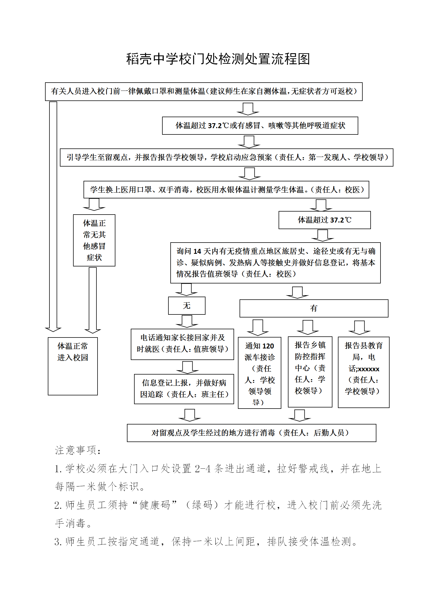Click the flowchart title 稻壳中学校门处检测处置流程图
pyautogui.click(x=218, y=59)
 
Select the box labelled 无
pyautogui.click(x=187, y=305)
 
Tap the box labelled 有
pyautogui.click(x=314, y=308)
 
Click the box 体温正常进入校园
pyautogui.click(x=73, y=366)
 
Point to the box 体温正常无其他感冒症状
pyautogui.click(x=94, y=240)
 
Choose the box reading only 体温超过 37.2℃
pyautogui.click(x=324, y=220)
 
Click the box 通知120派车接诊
pyautogui.click(x=259, y=373)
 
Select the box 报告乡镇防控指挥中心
pyautogui.click(x=310, y=372)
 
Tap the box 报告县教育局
pyautogui.click(x=363, y=372)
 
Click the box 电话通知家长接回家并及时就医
pyautogui.click(x=182, y=344)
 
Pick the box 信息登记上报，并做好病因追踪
pyautogui.click(x=184, y=389)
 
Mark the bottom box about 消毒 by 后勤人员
pyautogui.click(x=251, y=433)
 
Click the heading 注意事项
pyautogui.click(x=78, y=450)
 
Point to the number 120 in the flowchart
pyautogui.click(x=268, y=346)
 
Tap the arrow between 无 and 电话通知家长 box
pyautogui.click(x=187, y=321)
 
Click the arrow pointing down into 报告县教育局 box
pyautogui.click(x=359, y=328)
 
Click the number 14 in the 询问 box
pyautogui.click(x=197, y=251)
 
